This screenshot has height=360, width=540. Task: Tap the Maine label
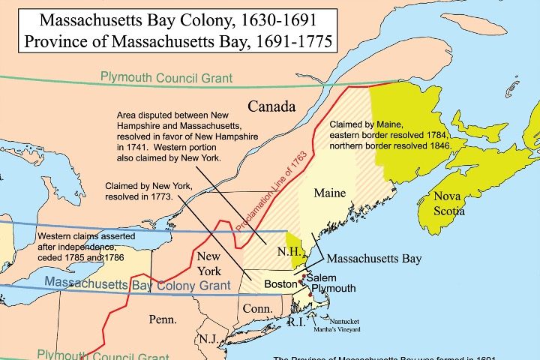click(329, 193)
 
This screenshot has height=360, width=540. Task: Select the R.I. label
click(297, 322)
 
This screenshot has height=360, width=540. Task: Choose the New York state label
click(208, 265)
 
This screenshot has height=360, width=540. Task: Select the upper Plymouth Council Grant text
click(168, 77)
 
